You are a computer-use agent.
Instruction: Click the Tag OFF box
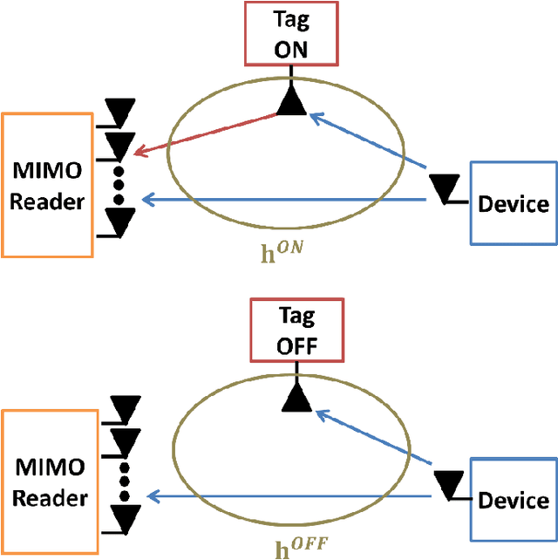[x=297, y=331]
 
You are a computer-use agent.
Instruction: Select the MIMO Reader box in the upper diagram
[x=47, y=184]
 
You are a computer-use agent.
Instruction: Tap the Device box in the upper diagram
[x=514, y=204]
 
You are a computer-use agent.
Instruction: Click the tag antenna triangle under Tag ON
[x=291, y=103]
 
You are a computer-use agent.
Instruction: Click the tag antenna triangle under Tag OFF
[x=297, y=399]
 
